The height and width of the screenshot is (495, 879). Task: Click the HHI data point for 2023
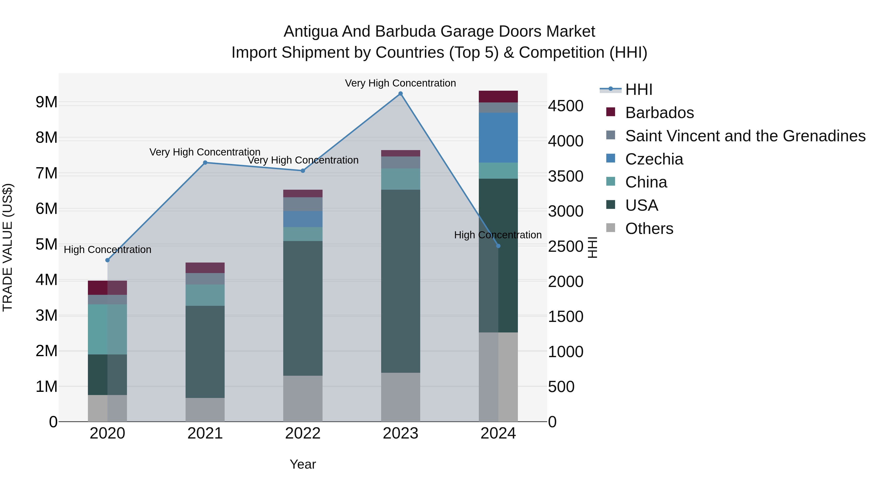401,94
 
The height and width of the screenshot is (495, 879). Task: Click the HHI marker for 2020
107,260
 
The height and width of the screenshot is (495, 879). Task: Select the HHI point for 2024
498,246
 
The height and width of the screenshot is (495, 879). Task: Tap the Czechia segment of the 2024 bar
498,138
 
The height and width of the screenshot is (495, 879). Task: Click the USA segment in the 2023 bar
401,281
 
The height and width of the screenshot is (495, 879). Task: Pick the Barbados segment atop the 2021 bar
205,268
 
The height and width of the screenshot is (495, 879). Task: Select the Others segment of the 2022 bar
303,398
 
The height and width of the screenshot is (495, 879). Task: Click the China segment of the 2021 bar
205,295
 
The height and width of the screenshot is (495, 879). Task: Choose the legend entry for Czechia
654,159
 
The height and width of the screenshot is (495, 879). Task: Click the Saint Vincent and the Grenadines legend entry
745,136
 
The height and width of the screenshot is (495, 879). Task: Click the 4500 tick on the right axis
565,106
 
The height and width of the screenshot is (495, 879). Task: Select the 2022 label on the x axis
303,433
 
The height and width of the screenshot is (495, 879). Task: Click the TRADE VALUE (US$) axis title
8,247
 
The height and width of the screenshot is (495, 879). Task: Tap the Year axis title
303,464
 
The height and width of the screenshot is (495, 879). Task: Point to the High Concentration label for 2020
107,250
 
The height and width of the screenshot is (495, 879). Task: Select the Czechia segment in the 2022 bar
303,219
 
